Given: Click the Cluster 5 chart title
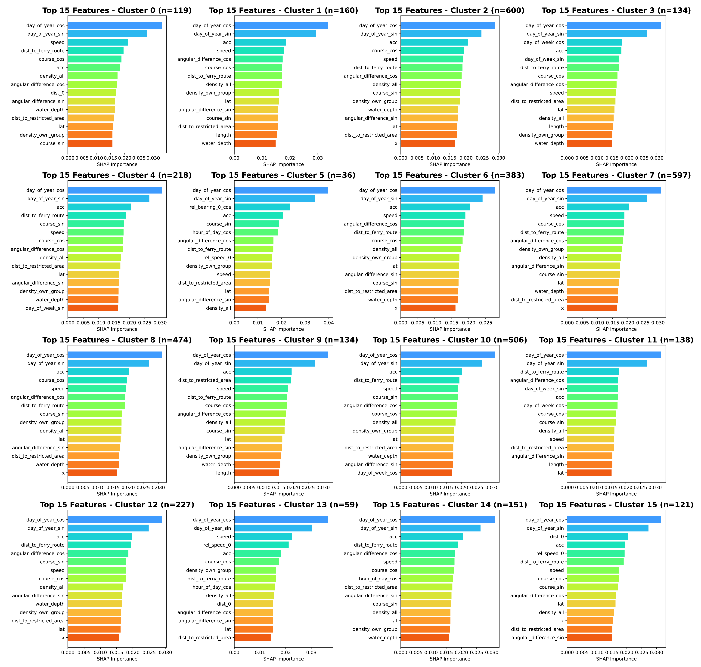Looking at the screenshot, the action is point(283,175).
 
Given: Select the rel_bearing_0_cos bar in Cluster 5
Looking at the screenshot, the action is point(262,207).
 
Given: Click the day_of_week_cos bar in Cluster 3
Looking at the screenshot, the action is point(594,42).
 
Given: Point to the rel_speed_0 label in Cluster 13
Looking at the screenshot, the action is point(217,545).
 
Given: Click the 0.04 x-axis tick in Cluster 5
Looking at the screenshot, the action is point(329,323).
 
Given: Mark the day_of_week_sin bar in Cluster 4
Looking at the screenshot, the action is point(93,308).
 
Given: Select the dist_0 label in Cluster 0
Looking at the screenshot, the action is point(58,93).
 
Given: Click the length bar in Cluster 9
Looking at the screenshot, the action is point(256,473).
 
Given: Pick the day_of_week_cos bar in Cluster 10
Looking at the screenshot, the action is point(426,473).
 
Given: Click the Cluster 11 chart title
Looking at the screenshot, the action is point(616,340).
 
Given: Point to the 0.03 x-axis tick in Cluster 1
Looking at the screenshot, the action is point(318,158).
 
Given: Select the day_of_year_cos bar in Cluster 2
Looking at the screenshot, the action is point(448,25).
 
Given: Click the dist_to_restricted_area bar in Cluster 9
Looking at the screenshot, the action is point(263,380).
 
